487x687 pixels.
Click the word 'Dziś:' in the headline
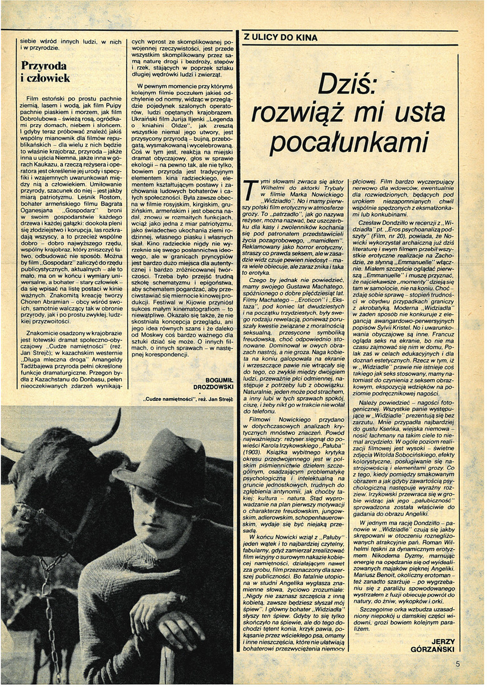pyautogui.click(x=348, y=86)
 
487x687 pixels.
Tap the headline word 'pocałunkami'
pyautogui.click(x=348, y=142)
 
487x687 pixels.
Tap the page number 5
pyautogui.click(x=458, y=664)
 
